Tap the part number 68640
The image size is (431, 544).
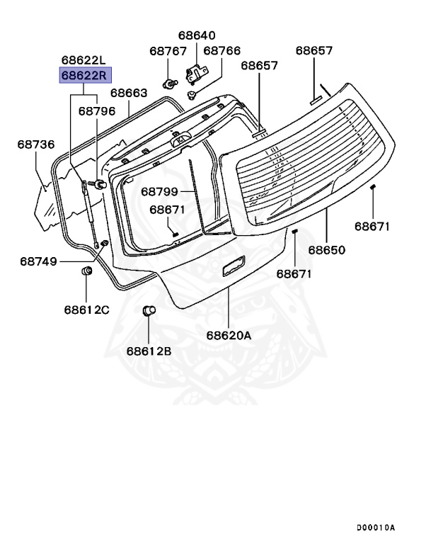click(197, 35)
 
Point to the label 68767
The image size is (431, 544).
click(168, 51)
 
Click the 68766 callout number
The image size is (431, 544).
click(222, 51)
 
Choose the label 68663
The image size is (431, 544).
click(129, 93)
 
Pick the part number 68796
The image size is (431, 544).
click(96, 110)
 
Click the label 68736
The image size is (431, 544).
click(36, 144)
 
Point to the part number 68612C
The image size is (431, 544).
click(87, 310)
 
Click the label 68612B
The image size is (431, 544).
click(149, 350)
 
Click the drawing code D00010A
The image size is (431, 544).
click(376, 527)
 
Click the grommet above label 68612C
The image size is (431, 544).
click(88, 272)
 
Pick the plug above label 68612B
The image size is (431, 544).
click(149, 311)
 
